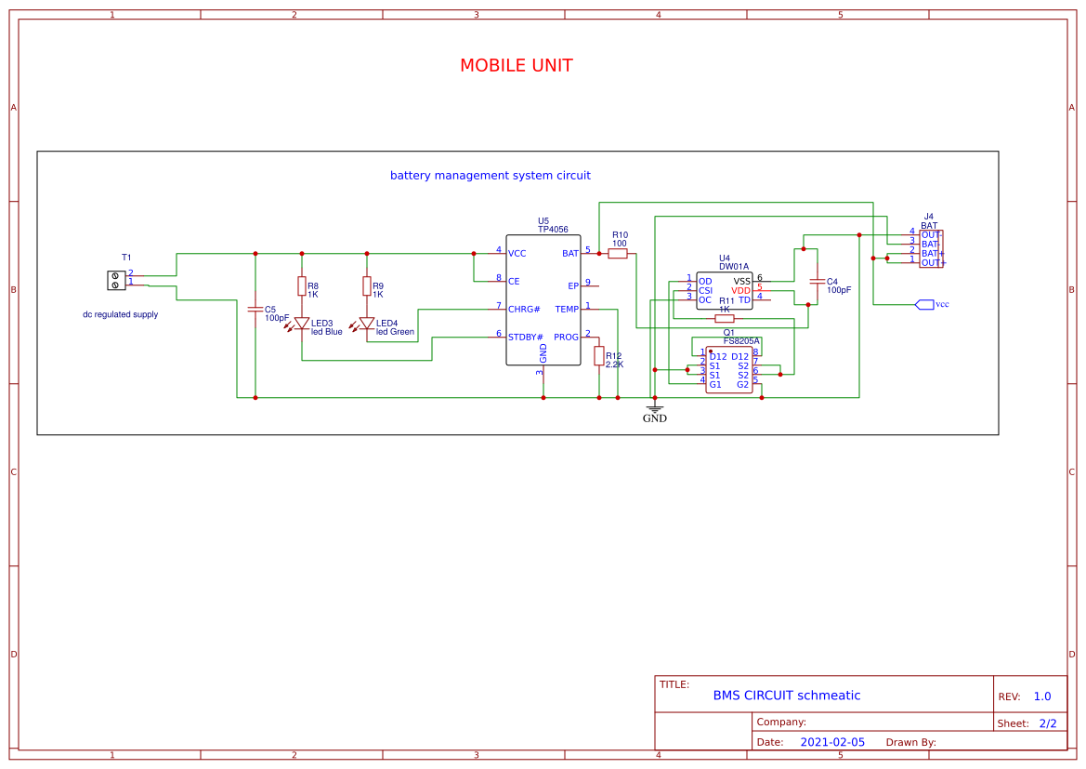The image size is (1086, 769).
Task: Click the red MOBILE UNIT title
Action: click(516, 66)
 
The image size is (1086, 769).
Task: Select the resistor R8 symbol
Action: click(301, 285)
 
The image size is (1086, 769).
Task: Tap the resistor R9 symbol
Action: click(367, 285)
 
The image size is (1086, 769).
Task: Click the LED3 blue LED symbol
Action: click(301, 324)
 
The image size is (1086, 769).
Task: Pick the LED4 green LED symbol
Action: click(367, 324)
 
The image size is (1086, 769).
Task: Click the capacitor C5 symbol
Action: click(255, 309)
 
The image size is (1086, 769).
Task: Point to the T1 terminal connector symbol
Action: click(116, 279)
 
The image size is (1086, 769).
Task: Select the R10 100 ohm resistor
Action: click(618, 253)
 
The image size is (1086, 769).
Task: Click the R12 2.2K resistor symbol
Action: click(599, 356)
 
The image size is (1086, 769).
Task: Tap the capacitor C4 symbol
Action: click(818, 281)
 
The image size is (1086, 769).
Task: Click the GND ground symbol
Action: click(655, 409)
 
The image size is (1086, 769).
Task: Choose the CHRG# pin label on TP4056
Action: click(524, 309)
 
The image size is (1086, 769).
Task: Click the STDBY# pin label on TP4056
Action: click(525, 337)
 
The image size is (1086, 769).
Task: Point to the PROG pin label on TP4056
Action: click(566, 337)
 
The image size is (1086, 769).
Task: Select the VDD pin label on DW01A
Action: click(740, 290)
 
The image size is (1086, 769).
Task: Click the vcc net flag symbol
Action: click(924, 304)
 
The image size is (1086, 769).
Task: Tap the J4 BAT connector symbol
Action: click(931, 249)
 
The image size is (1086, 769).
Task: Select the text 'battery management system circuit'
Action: click(490, 175)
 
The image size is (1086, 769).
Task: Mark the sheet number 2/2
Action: click(1048, 723)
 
